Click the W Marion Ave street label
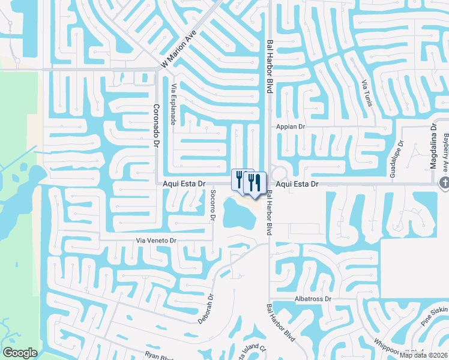coord(179,50)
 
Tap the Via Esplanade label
coord(173,103)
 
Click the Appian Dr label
coord(291,127)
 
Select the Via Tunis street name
coord(366,94)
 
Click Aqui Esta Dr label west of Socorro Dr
coord(184,184)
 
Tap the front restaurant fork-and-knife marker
coord(255,184)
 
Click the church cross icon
coord(444,183)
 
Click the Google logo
coord(20,353)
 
